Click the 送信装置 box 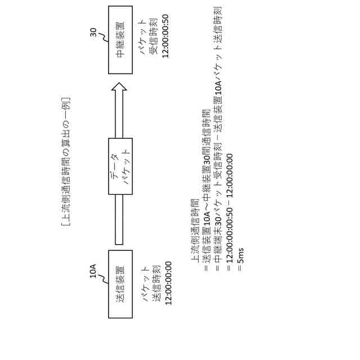tap(120, 284)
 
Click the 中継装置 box tap(120, 39)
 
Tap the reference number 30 tap(94, 33)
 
